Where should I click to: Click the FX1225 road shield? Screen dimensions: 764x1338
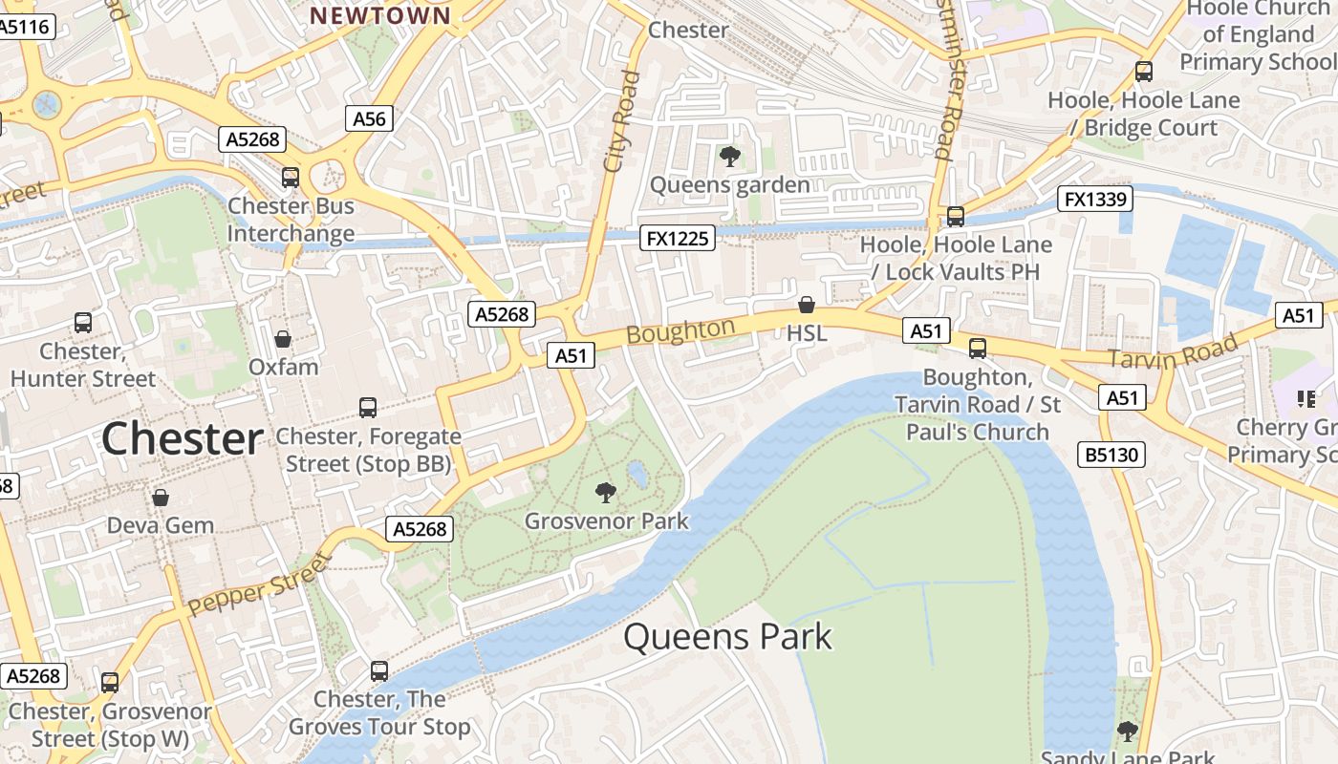tap(679, 238)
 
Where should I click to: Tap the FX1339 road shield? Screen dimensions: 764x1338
tap(1095, 200)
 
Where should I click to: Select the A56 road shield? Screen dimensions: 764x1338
tap(369, 118)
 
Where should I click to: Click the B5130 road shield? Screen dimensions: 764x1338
tap(1113, 455)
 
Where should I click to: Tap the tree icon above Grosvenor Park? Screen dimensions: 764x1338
tap(605, 493)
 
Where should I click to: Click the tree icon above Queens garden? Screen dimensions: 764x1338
tap(730, 156)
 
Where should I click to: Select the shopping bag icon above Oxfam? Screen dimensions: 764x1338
tap(283, 339)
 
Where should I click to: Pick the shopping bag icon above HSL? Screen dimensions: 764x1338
tap(807, 305)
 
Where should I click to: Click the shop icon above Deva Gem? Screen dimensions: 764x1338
tap(161, 498)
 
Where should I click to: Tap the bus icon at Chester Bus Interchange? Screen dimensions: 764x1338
tap(291, 178)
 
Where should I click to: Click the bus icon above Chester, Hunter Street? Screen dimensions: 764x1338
tap(83, 323)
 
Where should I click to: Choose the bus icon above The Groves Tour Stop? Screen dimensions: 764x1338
tap(379, 671)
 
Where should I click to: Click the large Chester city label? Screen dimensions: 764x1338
tap(182, 438)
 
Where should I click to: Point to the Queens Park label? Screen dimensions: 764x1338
tap(728, 637)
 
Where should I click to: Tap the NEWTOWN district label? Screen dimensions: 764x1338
tap(380, 15)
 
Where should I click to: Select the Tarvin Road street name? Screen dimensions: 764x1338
tap(1174, 350)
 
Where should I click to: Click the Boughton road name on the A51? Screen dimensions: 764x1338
tap(681, 331)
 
